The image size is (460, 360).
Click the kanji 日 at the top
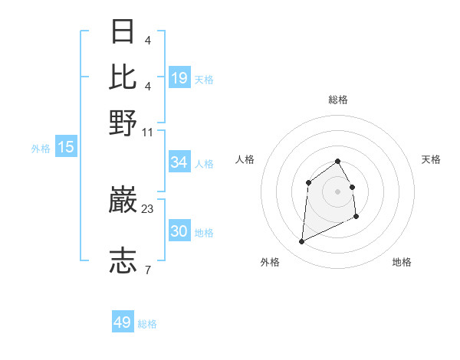pyautogui.click(x=123, y=32)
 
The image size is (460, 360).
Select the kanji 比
pyautogui.click(x=123, y=77)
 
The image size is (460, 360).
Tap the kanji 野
pyautogui.click(x=123, y=122)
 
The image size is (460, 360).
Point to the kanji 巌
pyautogui.click(x=123, y=201)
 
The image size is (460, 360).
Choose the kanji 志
pyautogui.click(x=123, y=260)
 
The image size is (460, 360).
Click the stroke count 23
pyautogui.click(x=148, y=209)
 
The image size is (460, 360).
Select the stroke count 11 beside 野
pyautogui.click(x=148, y=132)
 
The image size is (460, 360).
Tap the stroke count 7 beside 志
pyautogui.click(x=147, y=270)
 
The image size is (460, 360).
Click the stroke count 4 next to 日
pyautogui.click(x=147, y=40)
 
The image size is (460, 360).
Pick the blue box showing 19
pyautogui.click(x=179, y=77)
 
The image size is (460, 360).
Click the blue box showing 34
pyautogui.click(x=179, y=162)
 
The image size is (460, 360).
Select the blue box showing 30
pyautogui.click(x=179, y=231)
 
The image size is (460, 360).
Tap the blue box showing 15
pyautogui.click(x=65, y=147)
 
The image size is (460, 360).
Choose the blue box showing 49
pyautogui.click(x=122, y=322)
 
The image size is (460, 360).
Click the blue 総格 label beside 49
pyautogui.click(x=147, y=324)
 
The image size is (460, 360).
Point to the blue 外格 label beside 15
pyautogui.click(x=41, y=149)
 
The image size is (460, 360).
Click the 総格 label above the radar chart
pyautogui.click(x=338, y=100)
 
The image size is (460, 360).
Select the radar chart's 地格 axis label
pyautogui.click(x=402, y=262)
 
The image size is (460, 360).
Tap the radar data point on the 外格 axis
pyautogui.click(x=301, y=242)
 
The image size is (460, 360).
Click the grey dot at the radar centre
pyautogui.click(x=337, y=191)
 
